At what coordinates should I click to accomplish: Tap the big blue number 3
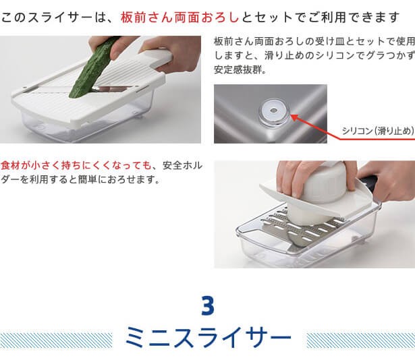point(208,305)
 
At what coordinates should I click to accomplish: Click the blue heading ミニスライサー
point(209,338)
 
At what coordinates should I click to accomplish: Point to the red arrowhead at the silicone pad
point(295,117)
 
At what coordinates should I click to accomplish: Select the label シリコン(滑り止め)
point(378,131)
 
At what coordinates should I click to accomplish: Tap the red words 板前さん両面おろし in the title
point(179,18)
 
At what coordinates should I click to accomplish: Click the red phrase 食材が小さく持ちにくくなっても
point(76,166)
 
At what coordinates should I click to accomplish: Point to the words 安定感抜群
point(239,70)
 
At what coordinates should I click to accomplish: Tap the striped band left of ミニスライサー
point(56,340)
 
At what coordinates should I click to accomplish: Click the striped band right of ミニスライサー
point(361,340)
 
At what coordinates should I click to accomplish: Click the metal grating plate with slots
point(299,227)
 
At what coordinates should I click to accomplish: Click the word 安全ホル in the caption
point(182,166)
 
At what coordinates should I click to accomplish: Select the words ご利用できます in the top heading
point(354,18)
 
